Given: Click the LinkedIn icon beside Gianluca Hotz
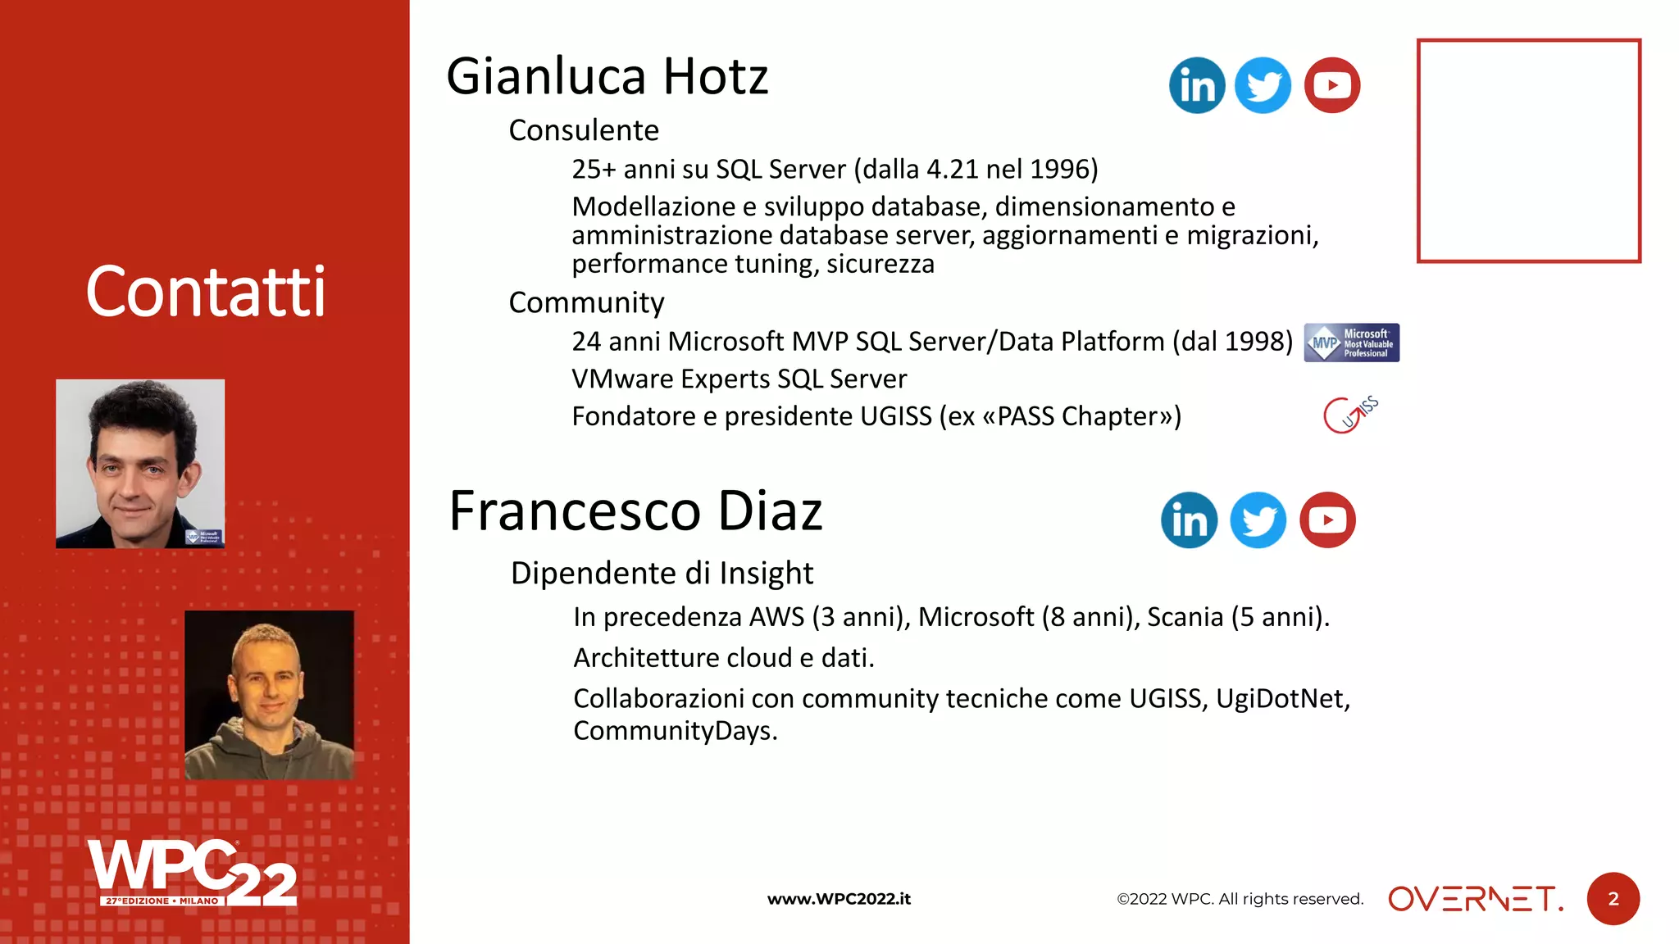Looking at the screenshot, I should coord(1197,85).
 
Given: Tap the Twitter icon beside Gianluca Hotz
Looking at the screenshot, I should coord(1263,85).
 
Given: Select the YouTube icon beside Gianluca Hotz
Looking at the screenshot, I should coord(1332,85).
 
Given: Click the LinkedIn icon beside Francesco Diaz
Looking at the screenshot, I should coord(1189,520).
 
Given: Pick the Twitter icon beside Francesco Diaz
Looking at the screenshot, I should coord(1258,520).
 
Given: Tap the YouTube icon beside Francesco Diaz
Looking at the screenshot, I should coord(1327,520).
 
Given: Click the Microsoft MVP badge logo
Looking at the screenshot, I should coord(1351,343).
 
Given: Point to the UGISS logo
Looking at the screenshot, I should coord(1350,415).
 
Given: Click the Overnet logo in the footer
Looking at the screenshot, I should coord(1475,899).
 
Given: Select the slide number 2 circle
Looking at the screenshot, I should coord(1613,899).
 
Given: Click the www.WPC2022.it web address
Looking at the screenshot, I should coord(839,899).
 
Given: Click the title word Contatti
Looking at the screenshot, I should coord(206,292).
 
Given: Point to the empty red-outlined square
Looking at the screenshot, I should coord(1528,151).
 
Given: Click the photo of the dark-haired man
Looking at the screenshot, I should coord(140,463).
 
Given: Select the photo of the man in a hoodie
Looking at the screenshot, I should coord(269,695).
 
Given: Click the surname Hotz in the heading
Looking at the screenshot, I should coord(715,77).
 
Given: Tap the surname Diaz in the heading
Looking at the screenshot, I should coord(770,511).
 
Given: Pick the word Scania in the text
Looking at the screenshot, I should coord(1185,617).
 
